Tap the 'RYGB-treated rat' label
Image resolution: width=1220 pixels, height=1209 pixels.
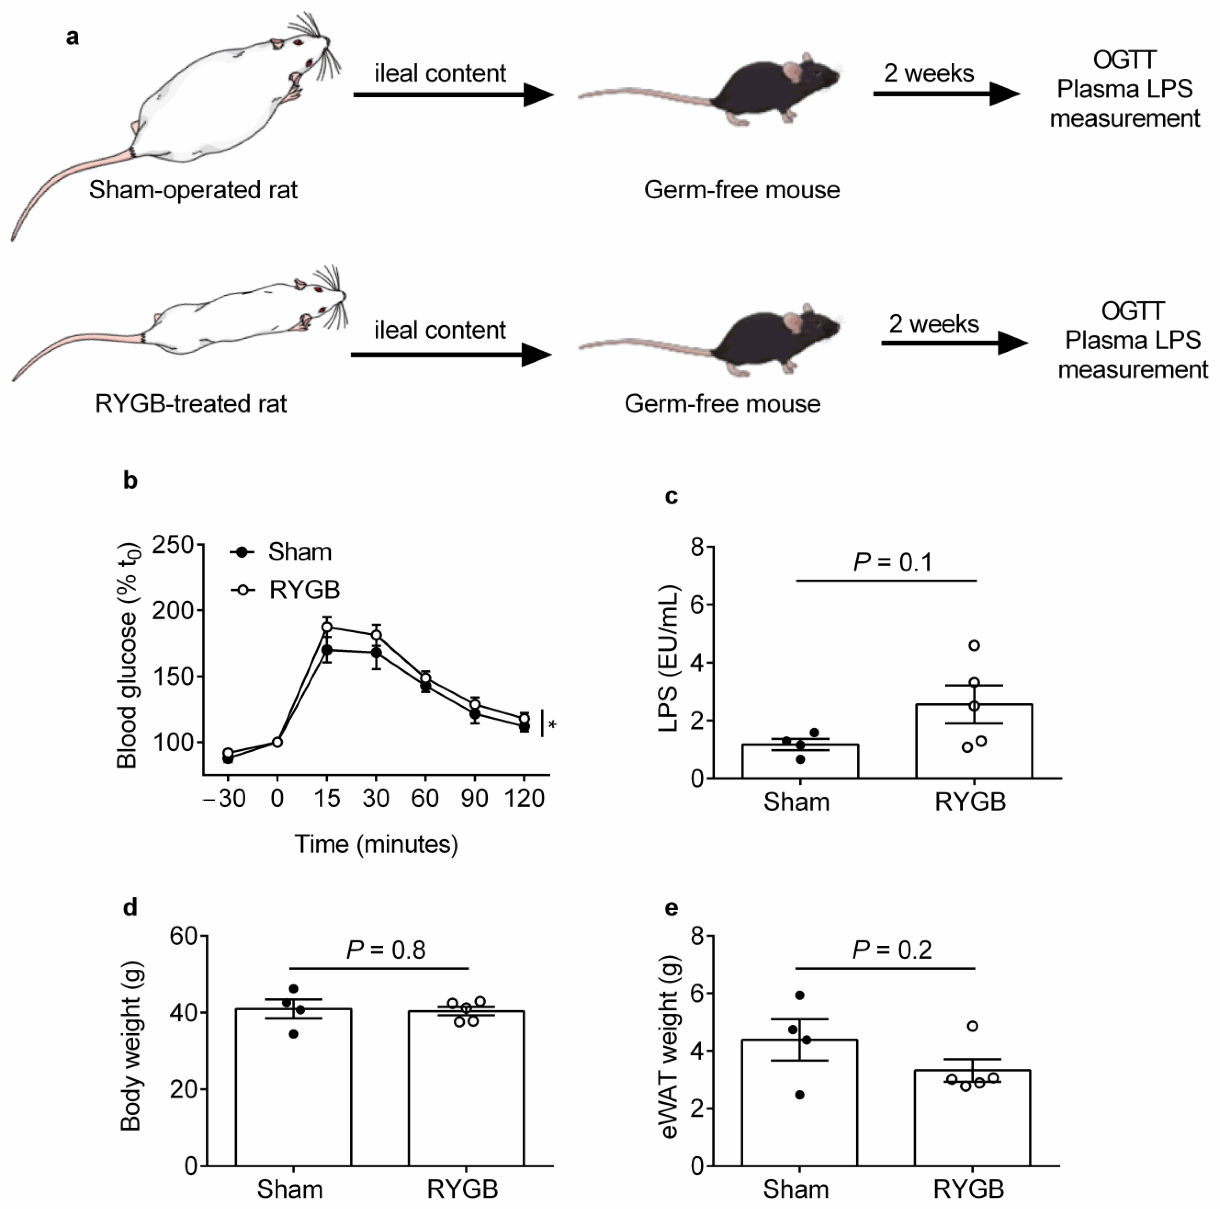pos(191,403)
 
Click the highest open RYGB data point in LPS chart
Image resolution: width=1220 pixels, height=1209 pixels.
pos(974,645)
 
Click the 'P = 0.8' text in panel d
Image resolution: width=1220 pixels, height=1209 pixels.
pos(386,949)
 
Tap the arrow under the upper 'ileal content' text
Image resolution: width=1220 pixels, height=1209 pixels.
pos(453,95)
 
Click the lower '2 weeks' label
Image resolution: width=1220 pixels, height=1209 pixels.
pos(934,324)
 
